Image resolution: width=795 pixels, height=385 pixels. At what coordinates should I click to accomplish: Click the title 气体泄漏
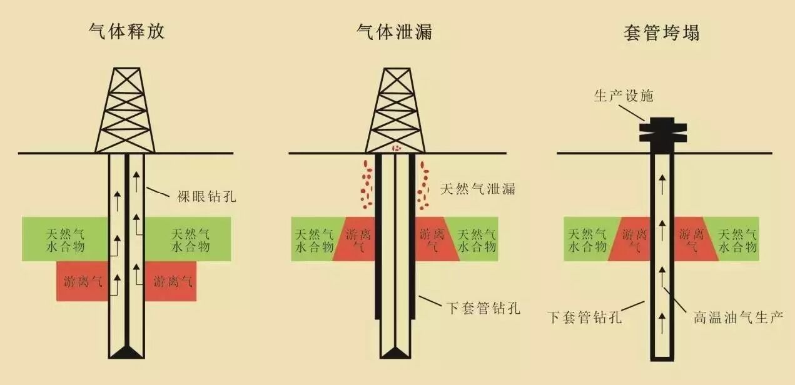pyautogui.click(x=394, y=31)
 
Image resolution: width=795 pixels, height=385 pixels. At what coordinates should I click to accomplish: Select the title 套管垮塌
pyautogui.click(x=662, y=31)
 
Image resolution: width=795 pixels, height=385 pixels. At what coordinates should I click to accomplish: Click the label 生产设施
pyautogui.click(x=623, y=96)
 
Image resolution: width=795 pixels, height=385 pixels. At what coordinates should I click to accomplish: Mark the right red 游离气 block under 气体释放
pyautogui.click(x=171, y=281)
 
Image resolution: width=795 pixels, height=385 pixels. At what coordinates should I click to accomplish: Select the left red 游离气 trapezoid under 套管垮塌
pyautogui.click(x=632, y=239)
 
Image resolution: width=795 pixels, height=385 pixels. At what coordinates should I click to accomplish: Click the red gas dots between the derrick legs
pyautogui.click(x=395, y=149)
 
